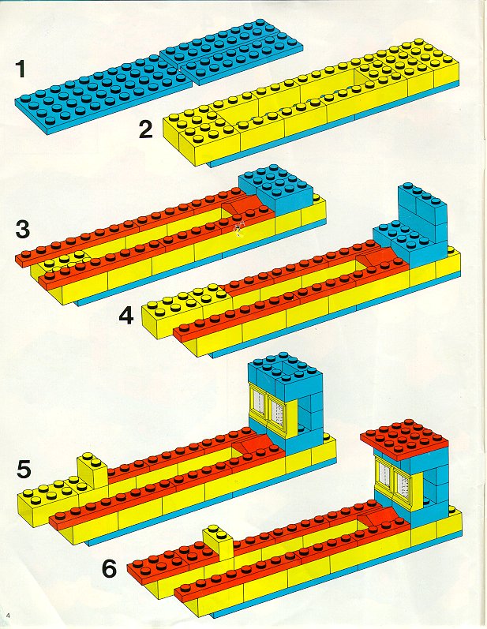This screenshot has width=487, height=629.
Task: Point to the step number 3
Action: pyautogui.click(x=23, y=230)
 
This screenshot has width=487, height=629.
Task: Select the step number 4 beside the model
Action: pyautogui.click(x=126, y=316)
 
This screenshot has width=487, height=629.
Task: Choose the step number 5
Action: pyautogui.click(x=24, y=469)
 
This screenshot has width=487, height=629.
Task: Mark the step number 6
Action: pyautogui.click(x=111, y=567)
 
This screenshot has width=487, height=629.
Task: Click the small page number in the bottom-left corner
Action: pyautogui.click(x=7, y=615)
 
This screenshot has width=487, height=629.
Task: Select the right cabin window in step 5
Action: pyautogui.click(x=277, y=411)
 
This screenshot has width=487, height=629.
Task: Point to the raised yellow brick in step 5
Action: pyautogui.click(x=93, y=472)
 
